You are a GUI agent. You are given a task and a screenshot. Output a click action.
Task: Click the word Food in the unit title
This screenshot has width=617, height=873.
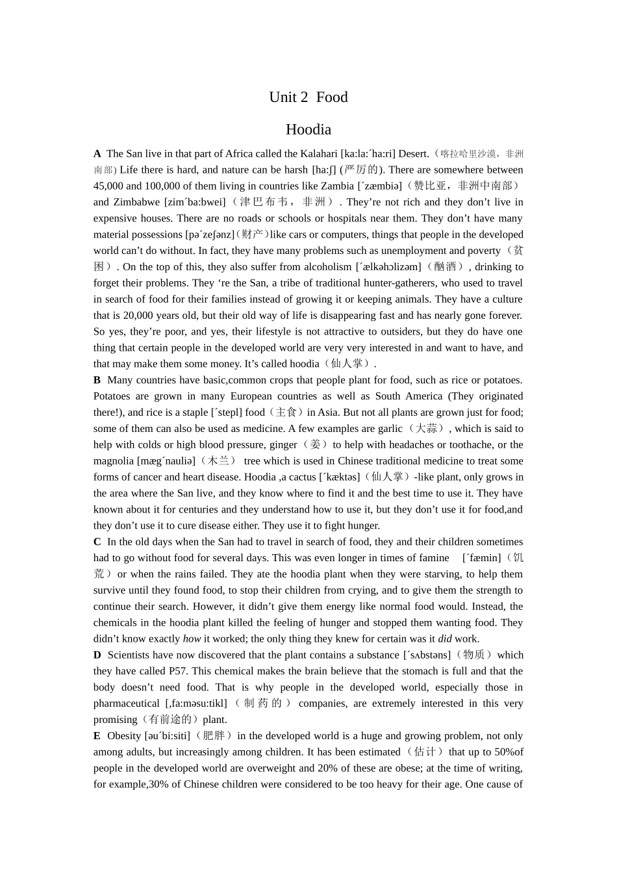coord(332,97)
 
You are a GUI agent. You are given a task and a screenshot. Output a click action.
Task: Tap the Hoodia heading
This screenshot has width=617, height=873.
coord(308,129)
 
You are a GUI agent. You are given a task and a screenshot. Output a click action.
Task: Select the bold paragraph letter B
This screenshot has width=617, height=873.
coord(97,380)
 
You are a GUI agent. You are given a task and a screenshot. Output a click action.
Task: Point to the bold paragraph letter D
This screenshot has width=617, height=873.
coord(97,655)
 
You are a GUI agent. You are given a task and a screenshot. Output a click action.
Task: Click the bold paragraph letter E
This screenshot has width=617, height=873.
coord(97,736)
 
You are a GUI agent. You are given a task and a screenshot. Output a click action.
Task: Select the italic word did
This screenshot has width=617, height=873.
coord(445,639)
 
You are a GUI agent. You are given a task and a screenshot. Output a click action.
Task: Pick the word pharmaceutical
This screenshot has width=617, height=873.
coord(127,703)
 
